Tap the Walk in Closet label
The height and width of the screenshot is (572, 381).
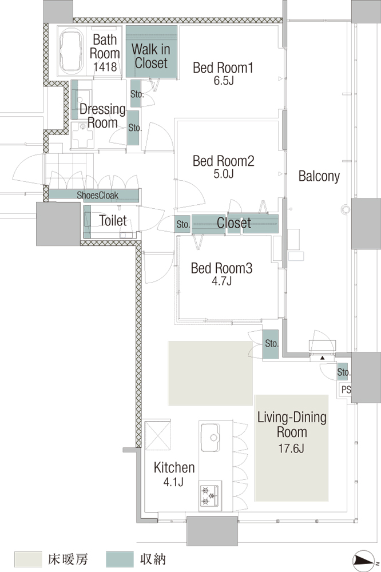click(x=150, y=55)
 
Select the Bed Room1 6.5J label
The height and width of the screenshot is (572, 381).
click(x=223, y=73)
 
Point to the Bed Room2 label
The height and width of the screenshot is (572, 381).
click(x=223, y=161)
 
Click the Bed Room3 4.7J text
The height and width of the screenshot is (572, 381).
click(x=221, y=274)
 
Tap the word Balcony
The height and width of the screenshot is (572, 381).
click(x=319, y=176)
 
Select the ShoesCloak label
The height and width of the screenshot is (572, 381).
click(x=97, y=195)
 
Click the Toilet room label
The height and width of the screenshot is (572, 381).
click(x=113, y=220)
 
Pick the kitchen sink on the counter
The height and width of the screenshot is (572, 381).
click(x=210, y=437)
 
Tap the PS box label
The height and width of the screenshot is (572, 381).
click(x=346, y=390)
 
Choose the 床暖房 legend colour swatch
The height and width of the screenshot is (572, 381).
click(x=28, y=559)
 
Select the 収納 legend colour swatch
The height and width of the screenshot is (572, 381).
click(x=120, y=559)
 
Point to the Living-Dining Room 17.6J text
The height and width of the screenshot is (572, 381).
click(x=292, y=432)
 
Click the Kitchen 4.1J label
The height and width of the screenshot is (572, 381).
click(x=174, y=474)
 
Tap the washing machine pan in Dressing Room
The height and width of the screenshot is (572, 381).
click(x=83, y=135)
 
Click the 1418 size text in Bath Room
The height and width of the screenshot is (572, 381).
click(x=105, y=67)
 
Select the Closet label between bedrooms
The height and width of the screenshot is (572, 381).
click(x=233, y=223)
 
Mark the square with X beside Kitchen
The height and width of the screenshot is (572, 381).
click(x=158, y=435)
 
